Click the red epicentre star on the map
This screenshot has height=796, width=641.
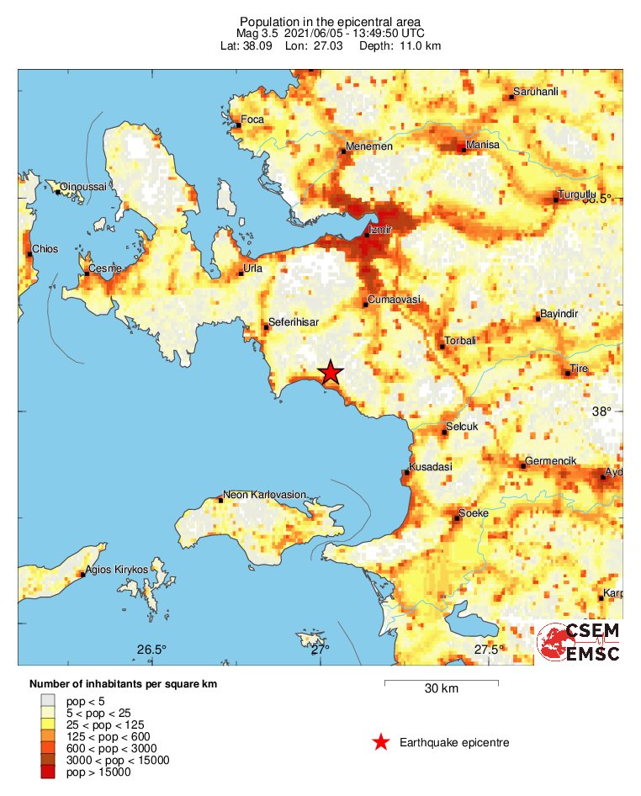pyautogui.click(x=331, y=373)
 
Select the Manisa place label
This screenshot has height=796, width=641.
pyautogui.click(x=484, y=145)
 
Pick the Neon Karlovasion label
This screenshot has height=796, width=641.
pyautogui.click(x=264, y=495)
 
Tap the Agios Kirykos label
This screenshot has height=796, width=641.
pyautogui.click(x=117, y=570)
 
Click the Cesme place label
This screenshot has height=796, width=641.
pyautogui.click(x=105, y=268)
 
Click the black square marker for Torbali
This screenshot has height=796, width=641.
pyautogui.click(x=444, y=346)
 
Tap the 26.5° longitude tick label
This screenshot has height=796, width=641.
pyautogui.click(x=151, y=649)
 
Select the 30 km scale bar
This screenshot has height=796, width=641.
pyautogui.click(x=441, y=682)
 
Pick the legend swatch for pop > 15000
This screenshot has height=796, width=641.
pyautogui.click(x=49, y=772)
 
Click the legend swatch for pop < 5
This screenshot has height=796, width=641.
pyautogui.click(x=49, y=700)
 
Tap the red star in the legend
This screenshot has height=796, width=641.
pyautogui.click(x=380, y=742)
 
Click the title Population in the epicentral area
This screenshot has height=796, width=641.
pyautogui.click(x=330, y=22)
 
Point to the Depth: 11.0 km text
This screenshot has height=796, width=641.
pyautogui.click(x=400, y=45)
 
